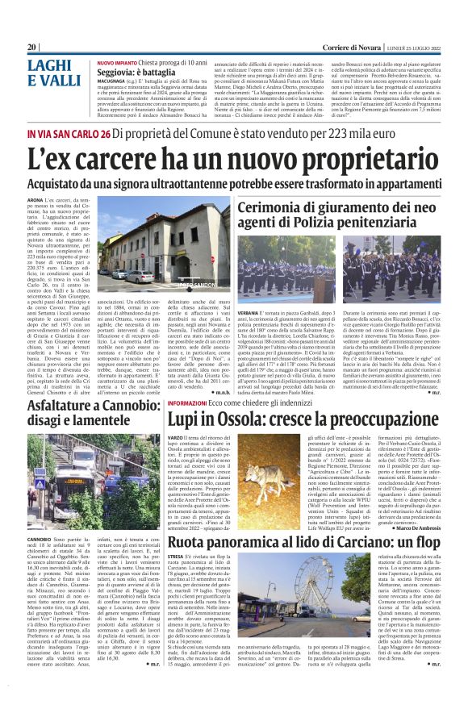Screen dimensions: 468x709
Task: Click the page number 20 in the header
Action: coord(32,47)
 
